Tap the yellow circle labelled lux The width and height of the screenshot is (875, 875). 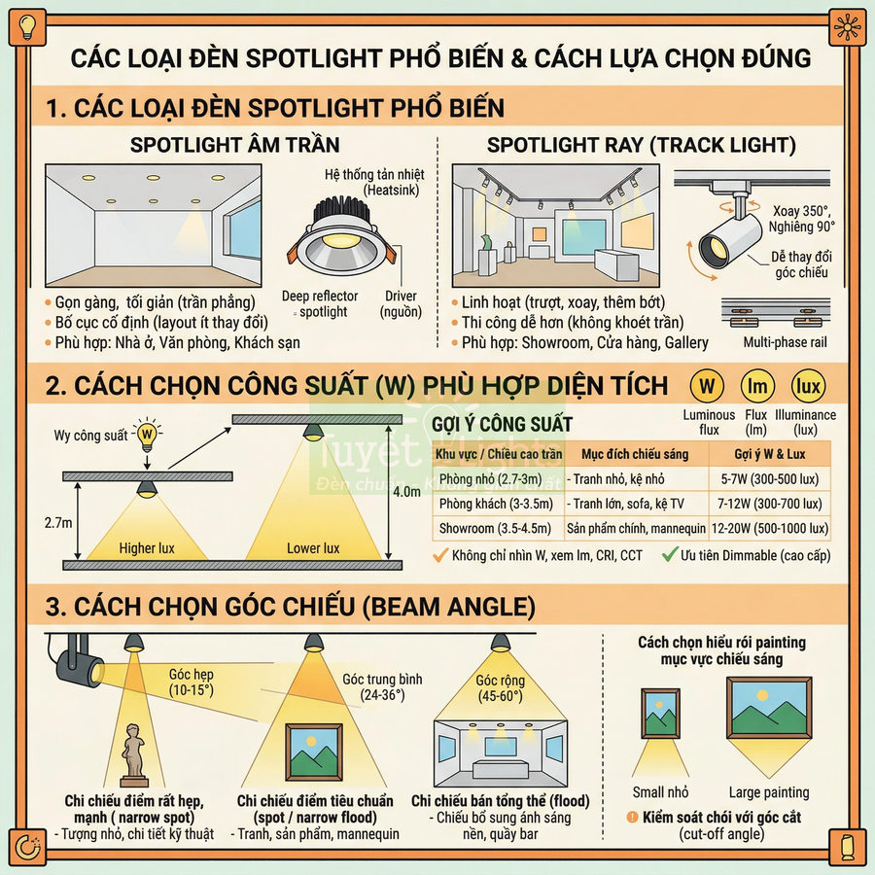click(x=808, y=387)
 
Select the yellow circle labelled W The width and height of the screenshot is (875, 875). click(x=707, y=387)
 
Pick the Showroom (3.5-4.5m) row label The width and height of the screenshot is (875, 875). click(x=496, y=529)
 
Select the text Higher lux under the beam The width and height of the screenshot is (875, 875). click(x=147, y=548)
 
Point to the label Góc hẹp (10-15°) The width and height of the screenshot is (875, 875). click(x=192, y=681)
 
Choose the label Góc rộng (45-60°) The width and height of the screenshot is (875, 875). click(x=500, y=688)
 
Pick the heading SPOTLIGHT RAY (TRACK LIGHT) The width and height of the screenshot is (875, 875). click(x=642, y=145)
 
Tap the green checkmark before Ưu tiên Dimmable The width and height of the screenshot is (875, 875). click(x=669, y=556)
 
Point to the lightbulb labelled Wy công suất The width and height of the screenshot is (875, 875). click(x=147, y=434)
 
